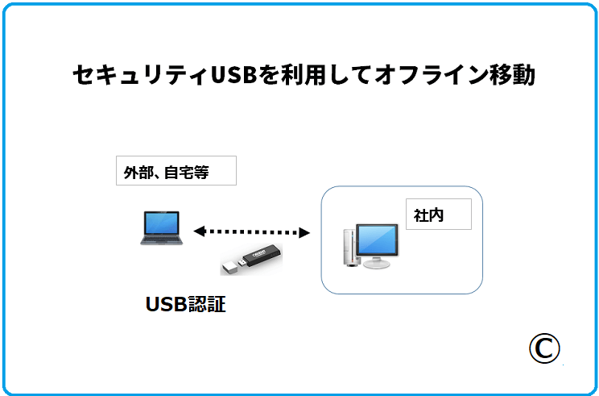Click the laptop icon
tap(161, 227)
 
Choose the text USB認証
tap(185, 305)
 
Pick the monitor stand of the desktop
tap(375, 261)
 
